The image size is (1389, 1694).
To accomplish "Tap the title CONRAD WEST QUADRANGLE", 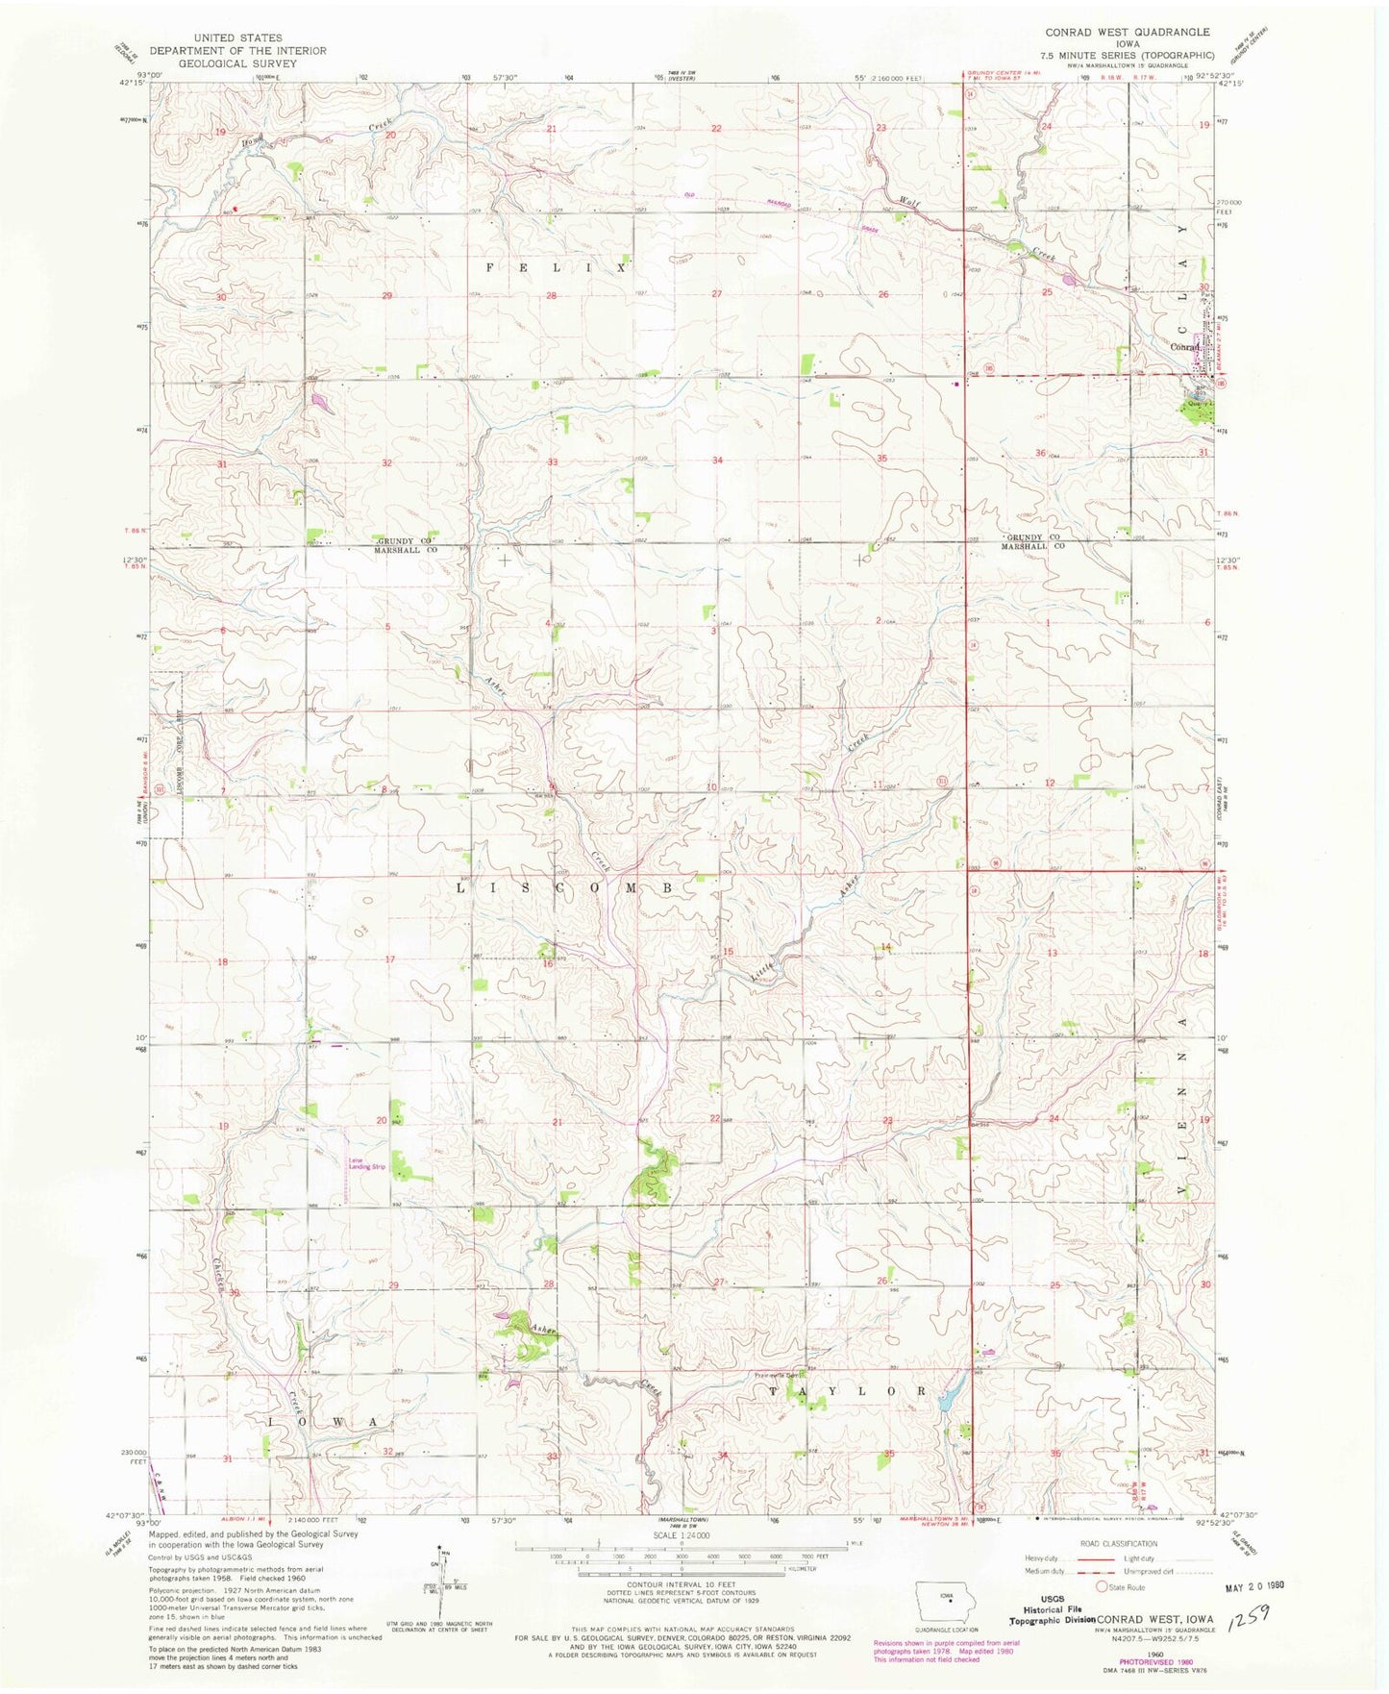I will (1128, 32).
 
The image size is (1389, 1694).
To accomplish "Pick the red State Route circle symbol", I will (1102, 1587).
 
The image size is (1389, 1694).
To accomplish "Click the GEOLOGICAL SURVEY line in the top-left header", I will (237, 62).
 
